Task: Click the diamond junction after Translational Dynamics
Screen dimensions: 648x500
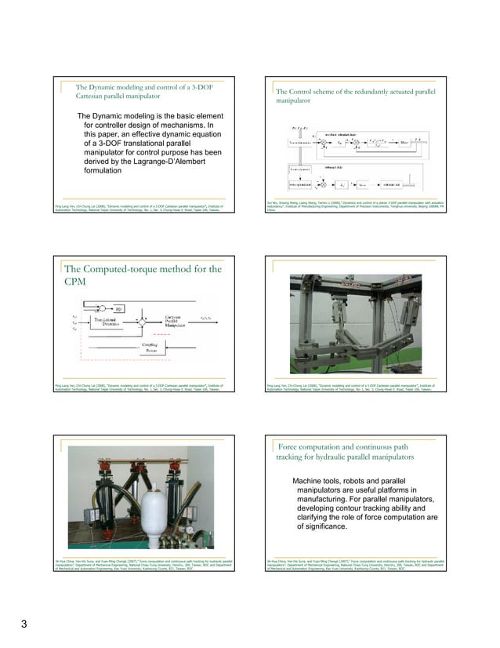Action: point(142,321)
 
